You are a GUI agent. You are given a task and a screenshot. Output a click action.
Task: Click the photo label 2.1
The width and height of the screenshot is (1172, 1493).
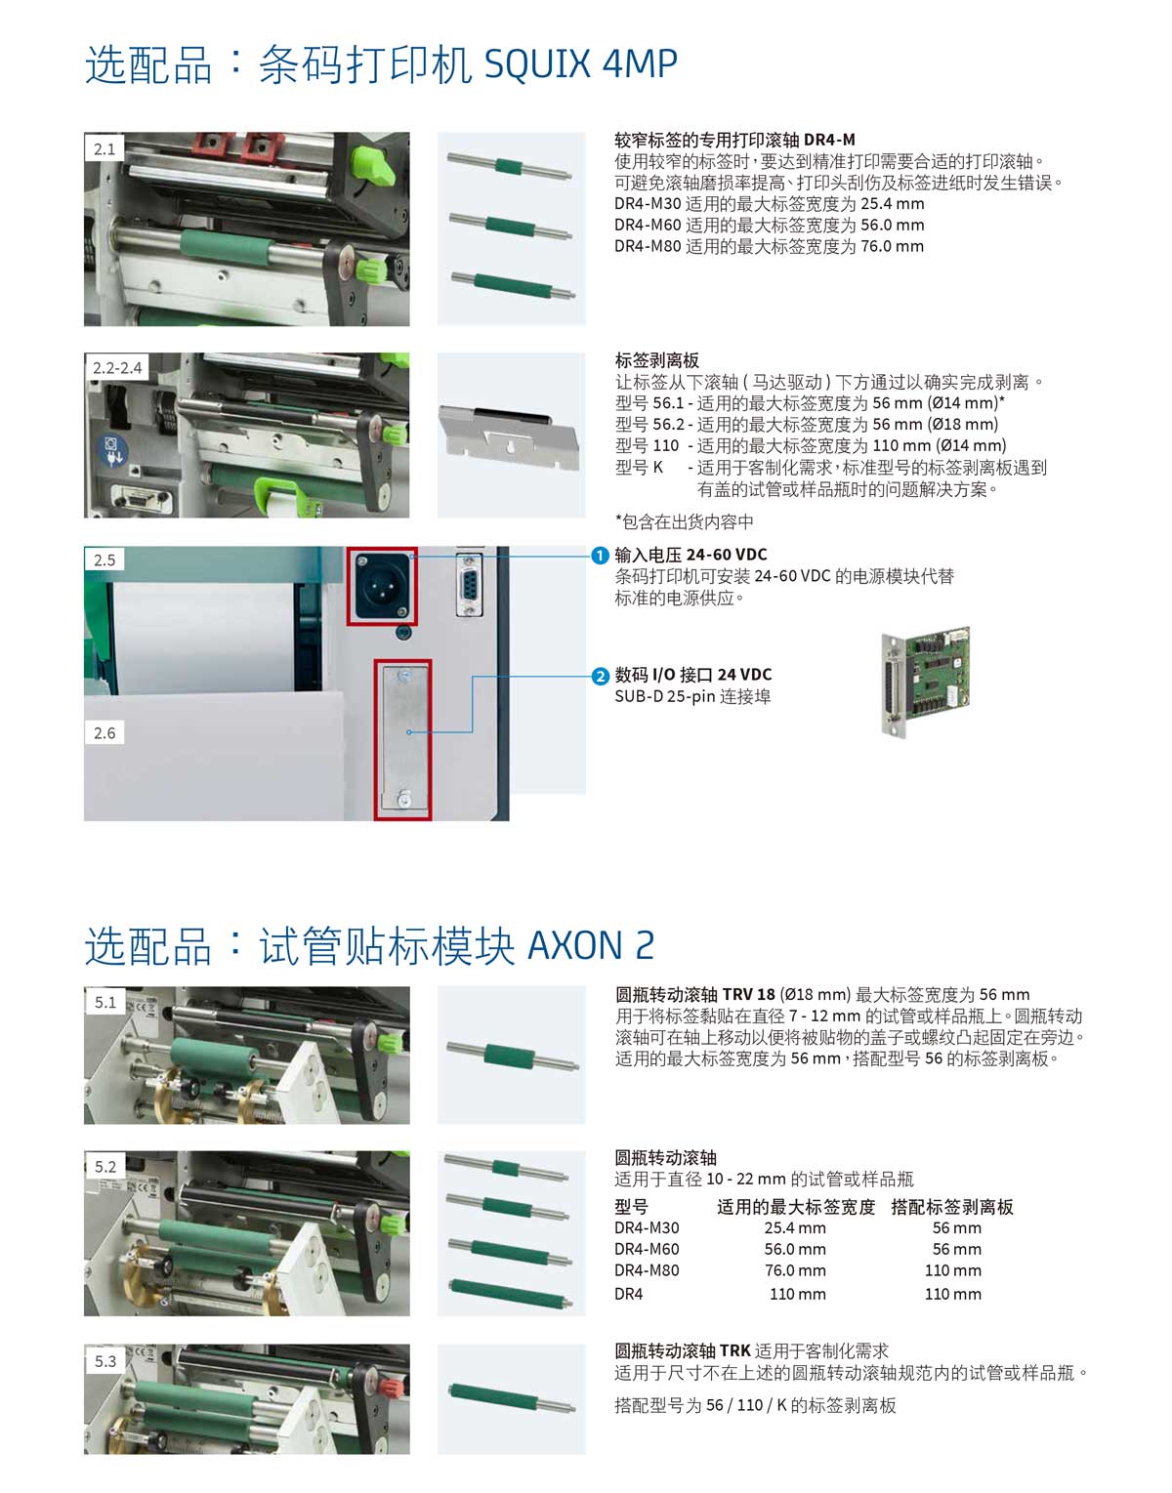[x=105, y=148]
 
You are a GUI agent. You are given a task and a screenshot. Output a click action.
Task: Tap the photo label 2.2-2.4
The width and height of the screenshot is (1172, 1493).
[x=117, y=367]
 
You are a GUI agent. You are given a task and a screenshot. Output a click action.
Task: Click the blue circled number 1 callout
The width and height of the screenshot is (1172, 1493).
[x=600, y=556]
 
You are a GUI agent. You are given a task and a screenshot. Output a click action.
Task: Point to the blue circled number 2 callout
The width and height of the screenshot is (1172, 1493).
[x=600, y=676]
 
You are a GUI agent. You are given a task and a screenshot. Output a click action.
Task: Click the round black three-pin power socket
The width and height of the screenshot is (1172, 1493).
[x=381, y=585]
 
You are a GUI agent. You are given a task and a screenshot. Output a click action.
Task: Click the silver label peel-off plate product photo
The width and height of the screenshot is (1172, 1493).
[x=509, y=435]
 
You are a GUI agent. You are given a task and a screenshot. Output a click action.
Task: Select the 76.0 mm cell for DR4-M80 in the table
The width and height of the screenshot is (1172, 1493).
[x=795, y=1270]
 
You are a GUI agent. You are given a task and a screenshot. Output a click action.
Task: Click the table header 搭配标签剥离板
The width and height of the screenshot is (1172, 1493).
[x=952, y=1207]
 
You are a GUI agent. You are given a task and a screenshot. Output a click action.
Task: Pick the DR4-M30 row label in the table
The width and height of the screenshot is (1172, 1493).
[x=647, y=1227]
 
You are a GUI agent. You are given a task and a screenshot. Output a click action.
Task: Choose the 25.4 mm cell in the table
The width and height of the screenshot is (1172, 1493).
[x=795, y=1227]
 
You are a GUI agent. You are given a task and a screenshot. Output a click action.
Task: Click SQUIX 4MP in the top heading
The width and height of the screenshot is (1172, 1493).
[x=580, y=63]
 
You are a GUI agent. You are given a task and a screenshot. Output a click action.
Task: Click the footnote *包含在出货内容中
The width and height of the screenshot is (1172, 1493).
[x=685, y=522]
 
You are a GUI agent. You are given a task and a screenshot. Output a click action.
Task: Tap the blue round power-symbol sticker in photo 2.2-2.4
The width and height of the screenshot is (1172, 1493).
[x=112, y=451]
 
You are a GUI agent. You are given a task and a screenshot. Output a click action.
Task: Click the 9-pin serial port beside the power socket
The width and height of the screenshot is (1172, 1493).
[x=469, y=586]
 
